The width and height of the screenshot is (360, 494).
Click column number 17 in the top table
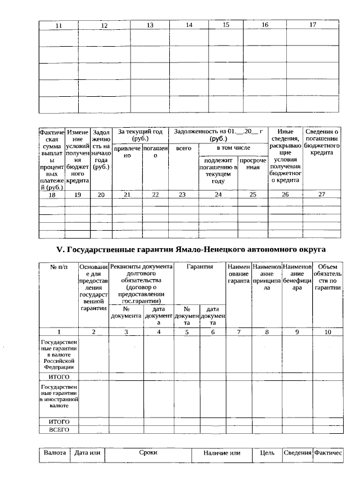313,25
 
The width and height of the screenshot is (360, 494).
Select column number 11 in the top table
58,25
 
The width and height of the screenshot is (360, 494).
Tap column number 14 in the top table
189,25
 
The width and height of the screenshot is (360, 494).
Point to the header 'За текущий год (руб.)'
140,135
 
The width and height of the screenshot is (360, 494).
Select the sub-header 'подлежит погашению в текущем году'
218,170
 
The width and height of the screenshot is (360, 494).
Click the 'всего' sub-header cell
183,148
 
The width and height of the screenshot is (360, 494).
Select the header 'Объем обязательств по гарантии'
327,277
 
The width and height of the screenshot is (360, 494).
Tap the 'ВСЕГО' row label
58,429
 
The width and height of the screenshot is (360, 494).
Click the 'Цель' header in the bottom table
267,453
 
